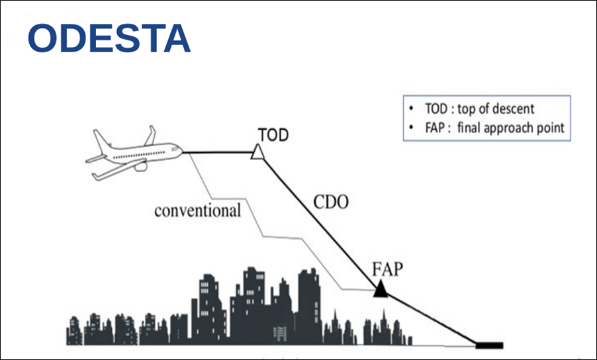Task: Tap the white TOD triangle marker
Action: [258, 153]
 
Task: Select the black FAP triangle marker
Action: [380, 290]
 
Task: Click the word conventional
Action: [197, 211]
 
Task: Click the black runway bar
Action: [490, 345]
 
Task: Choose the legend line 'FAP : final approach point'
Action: [486, 127]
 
